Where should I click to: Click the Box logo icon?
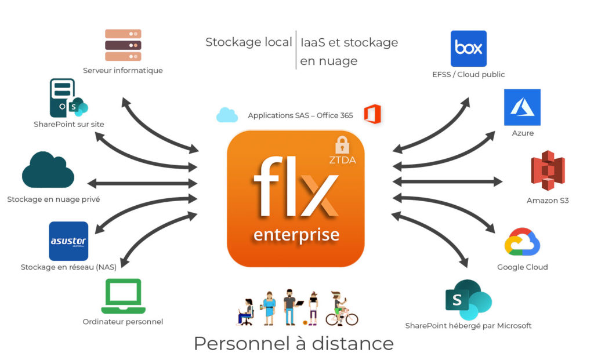tap(468, 49)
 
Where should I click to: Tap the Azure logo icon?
tap(522, 107)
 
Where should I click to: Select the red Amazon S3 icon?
tap(548, 171)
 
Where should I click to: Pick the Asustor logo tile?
tap(68, 241)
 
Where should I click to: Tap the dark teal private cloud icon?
tap(48, 170)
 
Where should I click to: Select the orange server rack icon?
tap(123, 45)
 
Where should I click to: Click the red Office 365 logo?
tap(372, 114)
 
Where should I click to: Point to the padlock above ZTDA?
tap(343, 144)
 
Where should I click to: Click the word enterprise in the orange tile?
tap(296, 234)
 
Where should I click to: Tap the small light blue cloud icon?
tap(227, 115)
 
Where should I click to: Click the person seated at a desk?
tap(246, 311)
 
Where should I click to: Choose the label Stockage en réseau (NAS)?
tap(68, 267)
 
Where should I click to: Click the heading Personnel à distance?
tap(294, 343)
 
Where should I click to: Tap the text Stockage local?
tap(248, 42)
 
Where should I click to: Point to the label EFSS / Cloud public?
tap(468, 75)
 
